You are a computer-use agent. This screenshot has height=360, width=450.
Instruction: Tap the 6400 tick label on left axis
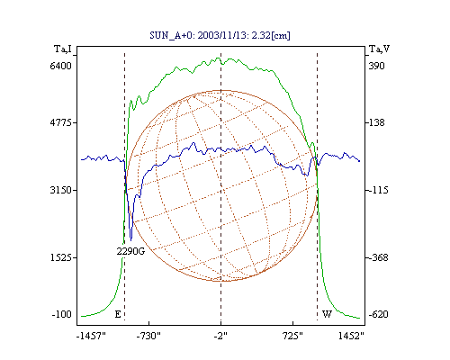61,66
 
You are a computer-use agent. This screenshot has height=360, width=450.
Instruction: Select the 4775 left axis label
61,122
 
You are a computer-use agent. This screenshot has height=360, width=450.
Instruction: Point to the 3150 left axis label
61,190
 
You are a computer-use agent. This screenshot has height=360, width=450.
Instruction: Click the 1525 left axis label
61,257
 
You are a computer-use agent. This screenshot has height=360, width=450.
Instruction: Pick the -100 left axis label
62,314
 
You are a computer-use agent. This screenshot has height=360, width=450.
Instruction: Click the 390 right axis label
376,66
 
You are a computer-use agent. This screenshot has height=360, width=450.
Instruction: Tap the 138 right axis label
376,122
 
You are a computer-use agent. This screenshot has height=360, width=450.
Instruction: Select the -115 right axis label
378,190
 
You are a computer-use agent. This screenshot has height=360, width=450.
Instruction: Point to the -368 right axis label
378,257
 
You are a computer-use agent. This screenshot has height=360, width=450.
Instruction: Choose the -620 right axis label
378,314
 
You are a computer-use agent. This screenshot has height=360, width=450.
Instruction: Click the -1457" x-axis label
91,336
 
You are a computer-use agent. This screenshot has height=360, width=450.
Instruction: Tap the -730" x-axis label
148,336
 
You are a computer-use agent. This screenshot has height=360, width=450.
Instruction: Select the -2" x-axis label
220,336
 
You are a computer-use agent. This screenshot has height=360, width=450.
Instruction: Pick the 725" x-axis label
292,336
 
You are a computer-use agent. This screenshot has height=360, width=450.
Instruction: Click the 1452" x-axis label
351,336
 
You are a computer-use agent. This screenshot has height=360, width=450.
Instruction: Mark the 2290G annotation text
130,251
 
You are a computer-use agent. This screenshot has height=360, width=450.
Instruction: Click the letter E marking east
118,314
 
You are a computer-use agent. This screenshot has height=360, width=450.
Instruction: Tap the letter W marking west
327,314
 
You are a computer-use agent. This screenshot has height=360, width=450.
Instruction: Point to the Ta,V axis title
379,49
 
